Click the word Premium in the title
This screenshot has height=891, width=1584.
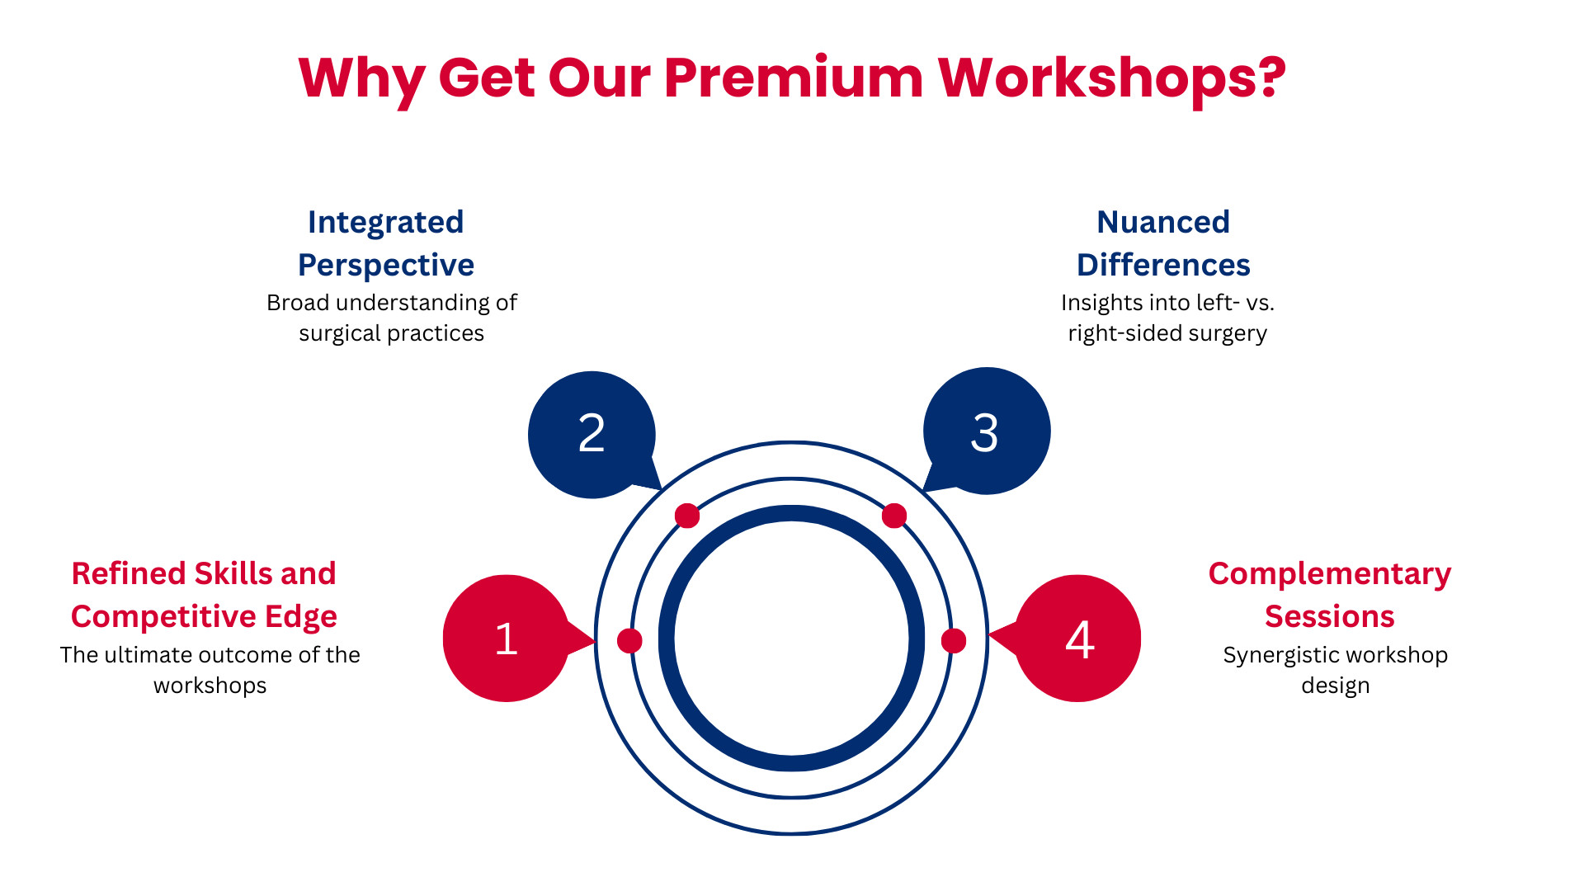pos(794,79)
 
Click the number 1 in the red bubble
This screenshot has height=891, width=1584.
pos(506,639)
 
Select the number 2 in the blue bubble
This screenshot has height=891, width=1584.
pos(592,433)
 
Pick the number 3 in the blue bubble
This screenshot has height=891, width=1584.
pos(985,433)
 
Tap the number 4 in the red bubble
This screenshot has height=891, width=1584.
pos(1080,639)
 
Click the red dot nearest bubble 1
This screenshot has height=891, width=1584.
pos(629,640)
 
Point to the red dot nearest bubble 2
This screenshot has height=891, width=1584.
pos(687,516)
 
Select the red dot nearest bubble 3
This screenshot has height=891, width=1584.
pos(894,516)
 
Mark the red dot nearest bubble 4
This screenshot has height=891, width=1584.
pos(954,640)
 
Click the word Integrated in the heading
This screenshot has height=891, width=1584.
pos(385,223)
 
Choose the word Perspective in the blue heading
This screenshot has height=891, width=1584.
pos(385,266)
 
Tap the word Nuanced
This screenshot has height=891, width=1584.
pos(1163,222)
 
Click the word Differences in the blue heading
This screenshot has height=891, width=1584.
pos(1163,265)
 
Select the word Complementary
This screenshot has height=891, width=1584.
pos(1330,574)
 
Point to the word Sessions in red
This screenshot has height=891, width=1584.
pos(1330,616)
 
